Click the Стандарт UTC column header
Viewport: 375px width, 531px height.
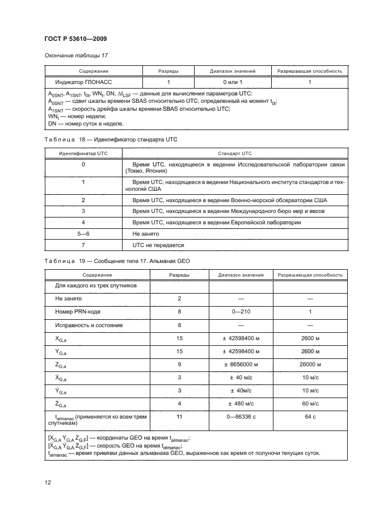234,153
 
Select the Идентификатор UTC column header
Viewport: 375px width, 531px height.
83,153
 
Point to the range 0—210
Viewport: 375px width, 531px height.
241,311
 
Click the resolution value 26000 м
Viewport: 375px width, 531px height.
310,364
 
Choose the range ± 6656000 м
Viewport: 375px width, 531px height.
241,364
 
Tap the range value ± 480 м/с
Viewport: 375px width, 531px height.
241,404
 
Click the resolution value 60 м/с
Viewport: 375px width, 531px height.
310,404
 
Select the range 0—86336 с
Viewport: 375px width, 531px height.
241,417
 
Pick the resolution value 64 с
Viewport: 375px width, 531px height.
310,417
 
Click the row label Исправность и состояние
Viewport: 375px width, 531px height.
89,325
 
